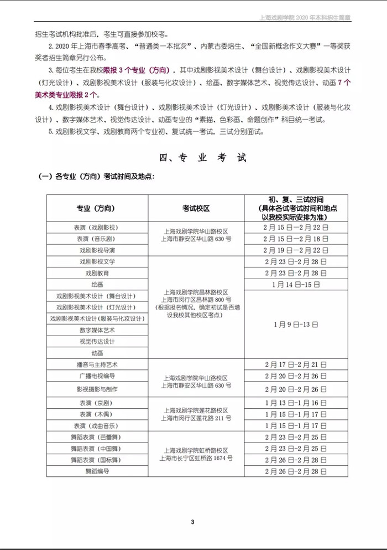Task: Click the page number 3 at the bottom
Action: click(193, 521)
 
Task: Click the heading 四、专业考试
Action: click(202, 158)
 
